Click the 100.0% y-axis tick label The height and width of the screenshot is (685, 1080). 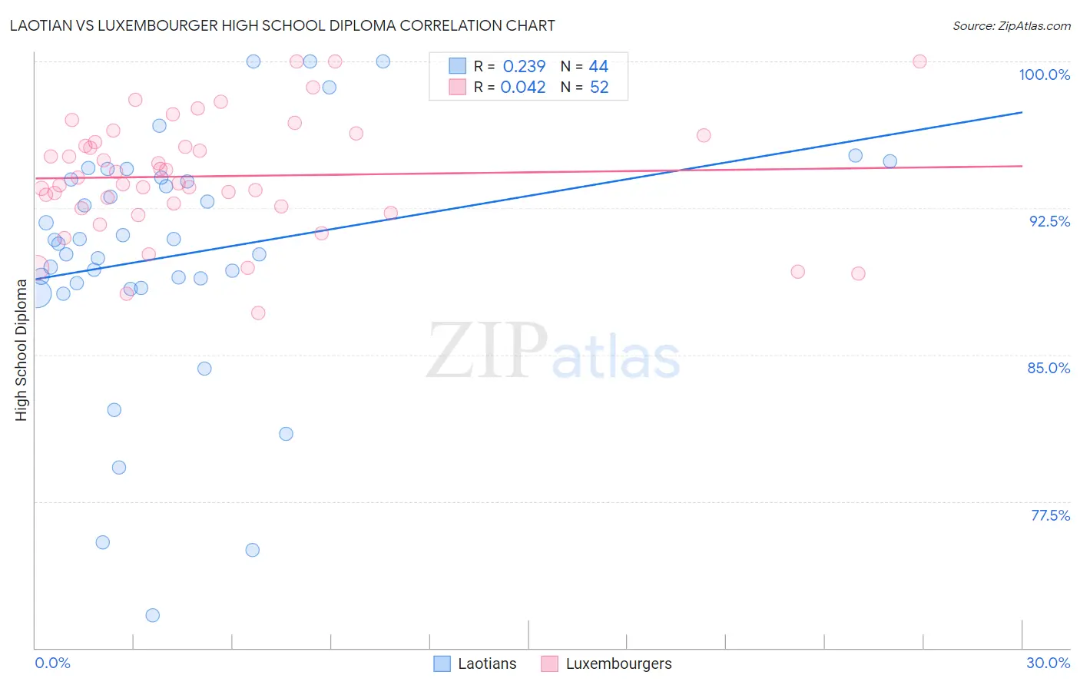click(x=1044, y=74)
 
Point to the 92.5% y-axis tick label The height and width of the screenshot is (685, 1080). click(x=1049, y=221)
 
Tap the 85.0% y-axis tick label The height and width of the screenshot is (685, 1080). click(x=1049, y=368)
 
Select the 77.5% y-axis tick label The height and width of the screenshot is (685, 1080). click(x=1050, y=515)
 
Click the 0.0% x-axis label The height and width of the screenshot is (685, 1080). click(x=52, y=663)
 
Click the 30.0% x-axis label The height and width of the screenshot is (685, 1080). click(x=1048, y=663)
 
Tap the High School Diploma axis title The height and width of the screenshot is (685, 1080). click(x=22, y=350)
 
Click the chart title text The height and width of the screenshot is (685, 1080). click(x=282, y=25)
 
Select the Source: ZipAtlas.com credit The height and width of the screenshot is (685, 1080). click(x=1011, y=26)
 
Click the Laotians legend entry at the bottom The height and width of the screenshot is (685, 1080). click(x=487, y=663)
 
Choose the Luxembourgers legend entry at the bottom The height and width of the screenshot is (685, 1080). click(x=618, y=663)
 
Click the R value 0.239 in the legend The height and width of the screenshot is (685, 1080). click(x=524, y=67)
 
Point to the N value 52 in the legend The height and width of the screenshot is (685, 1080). click(x=599, y=88)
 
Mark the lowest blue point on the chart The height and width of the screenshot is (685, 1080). click(x=153, y=615)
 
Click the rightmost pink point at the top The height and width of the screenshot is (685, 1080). click(x=919, y=61)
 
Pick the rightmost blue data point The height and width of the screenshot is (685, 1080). click(x=890, y=161)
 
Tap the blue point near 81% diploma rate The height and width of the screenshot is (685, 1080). click(x=286, y=434)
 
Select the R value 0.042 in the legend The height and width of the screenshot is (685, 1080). click(x=523, y=88)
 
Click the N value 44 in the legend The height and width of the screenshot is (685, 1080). click(x=598, y=67)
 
